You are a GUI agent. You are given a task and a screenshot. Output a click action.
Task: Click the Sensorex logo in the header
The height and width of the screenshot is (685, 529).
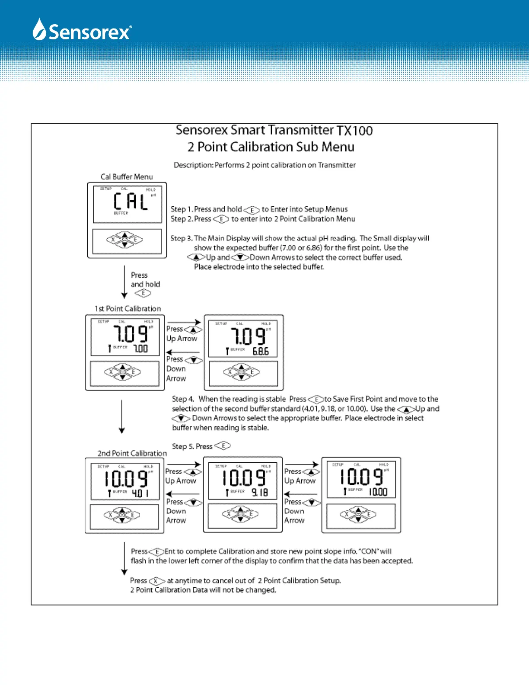[82, 30]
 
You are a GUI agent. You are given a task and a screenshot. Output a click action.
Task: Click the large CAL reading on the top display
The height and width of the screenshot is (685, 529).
[131, 202]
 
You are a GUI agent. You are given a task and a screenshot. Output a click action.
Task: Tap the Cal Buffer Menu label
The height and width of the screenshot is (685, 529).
[127, 177]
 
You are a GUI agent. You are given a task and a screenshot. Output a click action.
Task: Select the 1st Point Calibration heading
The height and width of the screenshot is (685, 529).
[128, 309]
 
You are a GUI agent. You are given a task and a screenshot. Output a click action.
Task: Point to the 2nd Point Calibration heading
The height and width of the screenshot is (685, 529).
[132, 453]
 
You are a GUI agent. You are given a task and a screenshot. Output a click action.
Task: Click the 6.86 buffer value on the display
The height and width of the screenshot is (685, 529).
[261, 352]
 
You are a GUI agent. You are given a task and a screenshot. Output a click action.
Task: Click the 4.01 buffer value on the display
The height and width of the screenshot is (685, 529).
[140, 493]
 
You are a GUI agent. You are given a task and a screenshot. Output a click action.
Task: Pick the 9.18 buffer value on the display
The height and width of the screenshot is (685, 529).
[260, 493]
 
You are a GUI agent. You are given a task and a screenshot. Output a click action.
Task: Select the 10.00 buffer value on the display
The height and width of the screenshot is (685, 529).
[378, 492]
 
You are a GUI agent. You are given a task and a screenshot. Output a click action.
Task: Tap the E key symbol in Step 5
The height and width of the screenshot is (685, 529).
[223, 446]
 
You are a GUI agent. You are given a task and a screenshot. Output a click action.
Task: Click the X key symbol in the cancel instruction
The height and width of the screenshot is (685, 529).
[157, 581]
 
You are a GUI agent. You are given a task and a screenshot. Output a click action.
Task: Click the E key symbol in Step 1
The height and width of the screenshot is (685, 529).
[252, 210]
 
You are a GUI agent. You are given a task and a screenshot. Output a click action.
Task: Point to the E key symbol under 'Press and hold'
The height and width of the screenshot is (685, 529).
[143, 293]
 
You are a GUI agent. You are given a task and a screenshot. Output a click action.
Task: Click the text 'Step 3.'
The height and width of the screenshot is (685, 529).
[181, 238]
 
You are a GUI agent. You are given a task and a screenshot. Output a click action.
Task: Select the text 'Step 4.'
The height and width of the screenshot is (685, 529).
[183, 399]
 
